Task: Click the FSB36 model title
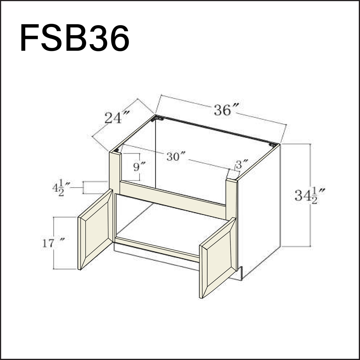click(75, 39)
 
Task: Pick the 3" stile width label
click(242, 165)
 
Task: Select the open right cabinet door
click(218, 258)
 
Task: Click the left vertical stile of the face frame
click(114, 171)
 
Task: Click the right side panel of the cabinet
click(259, 210)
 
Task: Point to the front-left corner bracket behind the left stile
click(120, 149)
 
